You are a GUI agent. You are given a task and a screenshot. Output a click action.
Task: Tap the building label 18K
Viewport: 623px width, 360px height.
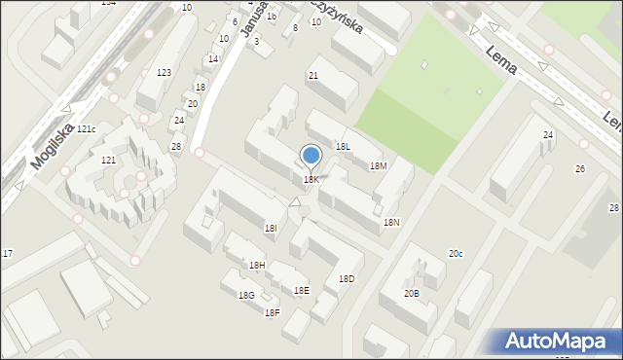[311, 180]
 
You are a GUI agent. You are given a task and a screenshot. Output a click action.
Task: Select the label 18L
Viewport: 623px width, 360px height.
[343, 146]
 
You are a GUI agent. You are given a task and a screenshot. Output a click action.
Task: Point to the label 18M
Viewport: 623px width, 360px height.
[379, 166]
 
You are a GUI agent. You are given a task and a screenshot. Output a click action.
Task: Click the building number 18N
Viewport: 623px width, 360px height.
[391, 223]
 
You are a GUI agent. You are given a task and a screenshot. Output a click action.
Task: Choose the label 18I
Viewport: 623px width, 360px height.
[271, 228]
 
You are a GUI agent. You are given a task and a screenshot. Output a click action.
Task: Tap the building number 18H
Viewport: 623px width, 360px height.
[257, 266]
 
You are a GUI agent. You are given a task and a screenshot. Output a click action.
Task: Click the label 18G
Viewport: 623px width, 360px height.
[246, 296]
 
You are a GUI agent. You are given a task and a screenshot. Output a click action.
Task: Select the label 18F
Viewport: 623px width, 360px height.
[273, 312]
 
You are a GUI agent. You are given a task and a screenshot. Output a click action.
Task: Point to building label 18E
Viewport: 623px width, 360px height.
[302, 291]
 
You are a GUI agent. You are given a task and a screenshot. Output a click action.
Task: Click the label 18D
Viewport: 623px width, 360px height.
[347, 279]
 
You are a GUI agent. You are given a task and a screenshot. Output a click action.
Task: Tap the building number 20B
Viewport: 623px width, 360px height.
[412, 293]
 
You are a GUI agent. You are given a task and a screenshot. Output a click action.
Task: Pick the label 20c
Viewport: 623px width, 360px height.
[456, 254]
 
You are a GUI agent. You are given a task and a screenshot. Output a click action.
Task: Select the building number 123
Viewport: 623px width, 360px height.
[165, 73]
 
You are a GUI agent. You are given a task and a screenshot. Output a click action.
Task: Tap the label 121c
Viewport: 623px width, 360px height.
[88, 129]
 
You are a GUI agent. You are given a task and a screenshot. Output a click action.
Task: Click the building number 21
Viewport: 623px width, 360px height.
[313, 75]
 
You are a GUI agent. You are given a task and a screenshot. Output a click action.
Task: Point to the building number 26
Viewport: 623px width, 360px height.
[580, 169]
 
